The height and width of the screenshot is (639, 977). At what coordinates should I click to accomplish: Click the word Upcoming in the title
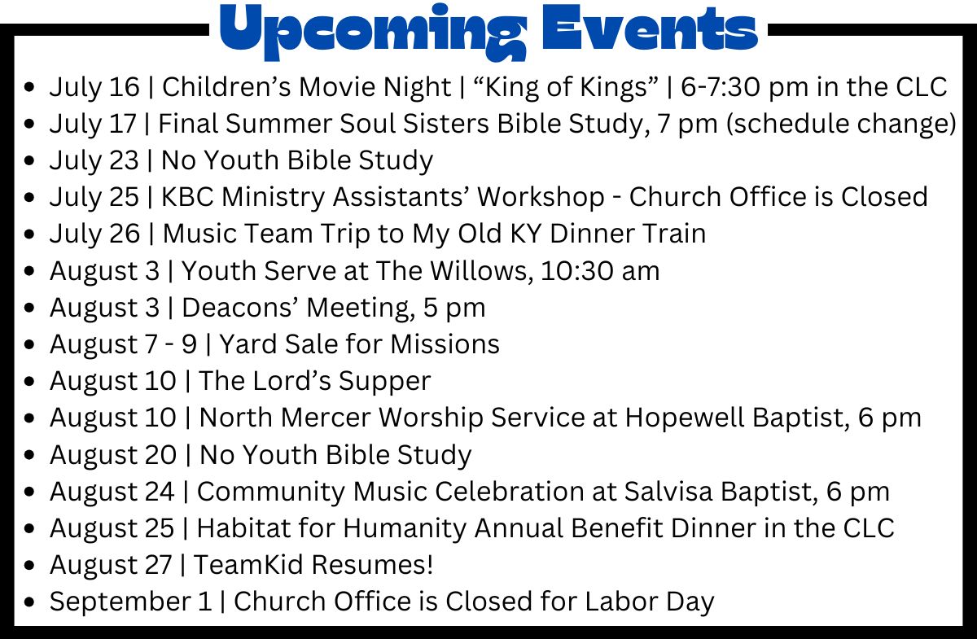(x=373, y=33)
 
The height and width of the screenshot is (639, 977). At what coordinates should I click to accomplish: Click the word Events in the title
(x=650, y=28)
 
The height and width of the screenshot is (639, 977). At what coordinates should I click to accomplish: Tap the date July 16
(x=94, y=87)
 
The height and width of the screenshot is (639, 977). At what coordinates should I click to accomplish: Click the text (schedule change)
(x=841, y=124)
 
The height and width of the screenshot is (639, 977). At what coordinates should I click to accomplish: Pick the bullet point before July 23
(x=29, y=160)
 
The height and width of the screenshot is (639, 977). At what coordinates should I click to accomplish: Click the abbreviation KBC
(x=187, y=197)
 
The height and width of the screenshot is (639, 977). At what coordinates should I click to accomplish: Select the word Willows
(x=481, y=271)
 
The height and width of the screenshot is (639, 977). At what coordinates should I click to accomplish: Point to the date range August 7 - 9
(x=124, y=344)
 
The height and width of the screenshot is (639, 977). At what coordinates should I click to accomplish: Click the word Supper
(x=384, y=382)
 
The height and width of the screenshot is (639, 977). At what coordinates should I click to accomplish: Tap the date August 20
(x=113, y=455)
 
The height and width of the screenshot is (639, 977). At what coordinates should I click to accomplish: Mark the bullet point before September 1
(x=29, y=602)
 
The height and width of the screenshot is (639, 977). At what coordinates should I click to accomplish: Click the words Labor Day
(x=650, y=602)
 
